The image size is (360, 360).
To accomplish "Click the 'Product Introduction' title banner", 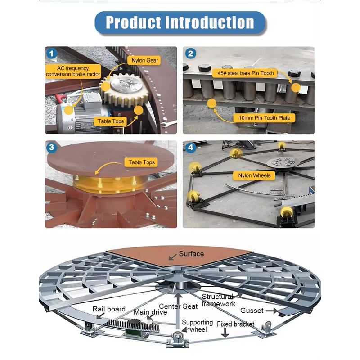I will click(x=180, y=22).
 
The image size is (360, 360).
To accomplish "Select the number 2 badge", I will click(x=191, y=54).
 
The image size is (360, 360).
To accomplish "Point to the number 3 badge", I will click(x=53, y=148).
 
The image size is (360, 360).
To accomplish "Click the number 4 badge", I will click(x=191, y=148).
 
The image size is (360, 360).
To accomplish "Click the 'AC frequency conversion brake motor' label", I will click(x=73, y=71).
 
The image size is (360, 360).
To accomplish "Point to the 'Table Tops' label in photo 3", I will click(x=142, y=162).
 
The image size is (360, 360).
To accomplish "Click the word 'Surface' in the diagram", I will click(x=191, y=254).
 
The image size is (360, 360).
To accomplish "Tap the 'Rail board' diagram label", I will click(x=109, y=309).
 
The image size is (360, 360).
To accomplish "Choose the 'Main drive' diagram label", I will click(x=150, y=312).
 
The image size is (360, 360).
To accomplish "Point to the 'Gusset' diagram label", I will click(x=252, y=310).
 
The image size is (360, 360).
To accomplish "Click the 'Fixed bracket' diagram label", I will click(x=235, y=324).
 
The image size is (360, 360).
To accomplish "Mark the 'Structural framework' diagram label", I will click(x=218, y=300).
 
